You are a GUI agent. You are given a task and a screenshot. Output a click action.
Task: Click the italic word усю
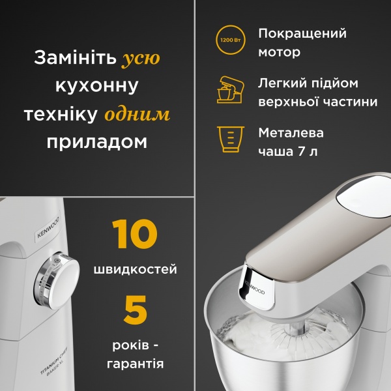point(141,59)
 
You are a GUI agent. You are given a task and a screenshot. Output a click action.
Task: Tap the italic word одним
point(138,115)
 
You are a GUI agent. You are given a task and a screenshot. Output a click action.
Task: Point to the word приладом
point(97,142)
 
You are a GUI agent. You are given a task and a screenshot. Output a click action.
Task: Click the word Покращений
point(302,33)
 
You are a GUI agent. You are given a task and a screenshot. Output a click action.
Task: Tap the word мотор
point(280,52)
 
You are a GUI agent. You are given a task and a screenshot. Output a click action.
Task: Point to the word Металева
point(291,133)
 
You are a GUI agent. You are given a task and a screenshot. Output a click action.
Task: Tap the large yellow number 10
point(134,235)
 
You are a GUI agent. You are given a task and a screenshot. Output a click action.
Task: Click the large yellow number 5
point(135,310)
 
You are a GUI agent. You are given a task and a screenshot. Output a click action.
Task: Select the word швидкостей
point(135,269)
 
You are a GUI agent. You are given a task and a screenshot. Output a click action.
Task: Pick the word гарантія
point(135,363)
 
